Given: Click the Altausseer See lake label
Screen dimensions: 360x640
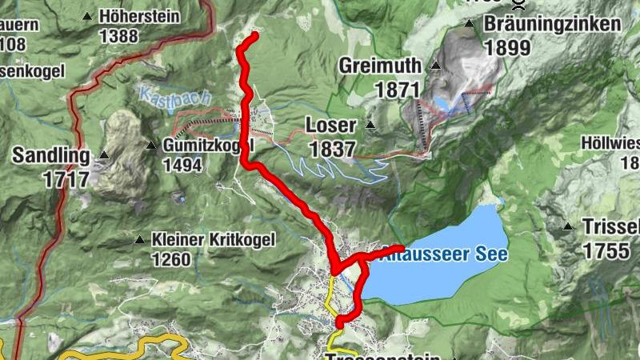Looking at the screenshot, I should [444, 253].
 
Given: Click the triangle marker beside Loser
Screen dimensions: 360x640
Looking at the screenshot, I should [370, 126].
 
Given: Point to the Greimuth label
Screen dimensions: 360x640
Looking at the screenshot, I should [380, 66].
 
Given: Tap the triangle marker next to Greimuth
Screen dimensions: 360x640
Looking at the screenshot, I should [436, 66].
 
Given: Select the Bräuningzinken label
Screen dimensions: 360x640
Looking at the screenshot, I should [551, 24].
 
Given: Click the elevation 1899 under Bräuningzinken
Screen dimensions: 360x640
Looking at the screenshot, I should [506, 47].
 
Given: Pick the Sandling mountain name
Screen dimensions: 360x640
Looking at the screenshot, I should [50, 155].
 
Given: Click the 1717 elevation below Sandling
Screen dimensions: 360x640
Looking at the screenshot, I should [66, 179].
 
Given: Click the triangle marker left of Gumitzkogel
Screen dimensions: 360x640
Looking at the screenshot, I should [151, 146].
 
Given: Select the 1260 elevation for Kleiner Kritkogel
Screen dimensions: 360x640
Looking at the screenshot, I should [171, 259].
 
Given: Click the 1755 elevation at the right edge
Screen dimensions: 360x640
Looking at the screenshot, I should [606, 250].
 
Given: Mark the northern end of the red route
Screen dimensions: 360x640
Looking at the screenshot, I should [254, 35].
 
